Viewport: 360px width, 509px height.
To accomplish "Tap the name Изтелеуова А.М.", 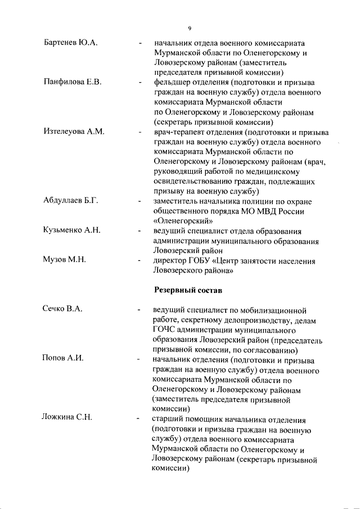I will tap(74, 132).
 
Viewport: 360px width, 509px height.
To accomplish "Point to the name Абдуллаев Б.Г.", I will tap(71, 201).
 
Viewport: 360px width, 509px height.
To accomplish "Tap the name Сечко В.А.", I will tap(63, 310).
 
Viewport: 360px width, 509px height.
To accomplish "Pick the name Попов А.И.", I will tap(63, 359).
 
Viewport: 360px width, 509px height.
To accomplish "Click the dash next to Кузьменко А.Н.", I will tap(139, 231).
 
